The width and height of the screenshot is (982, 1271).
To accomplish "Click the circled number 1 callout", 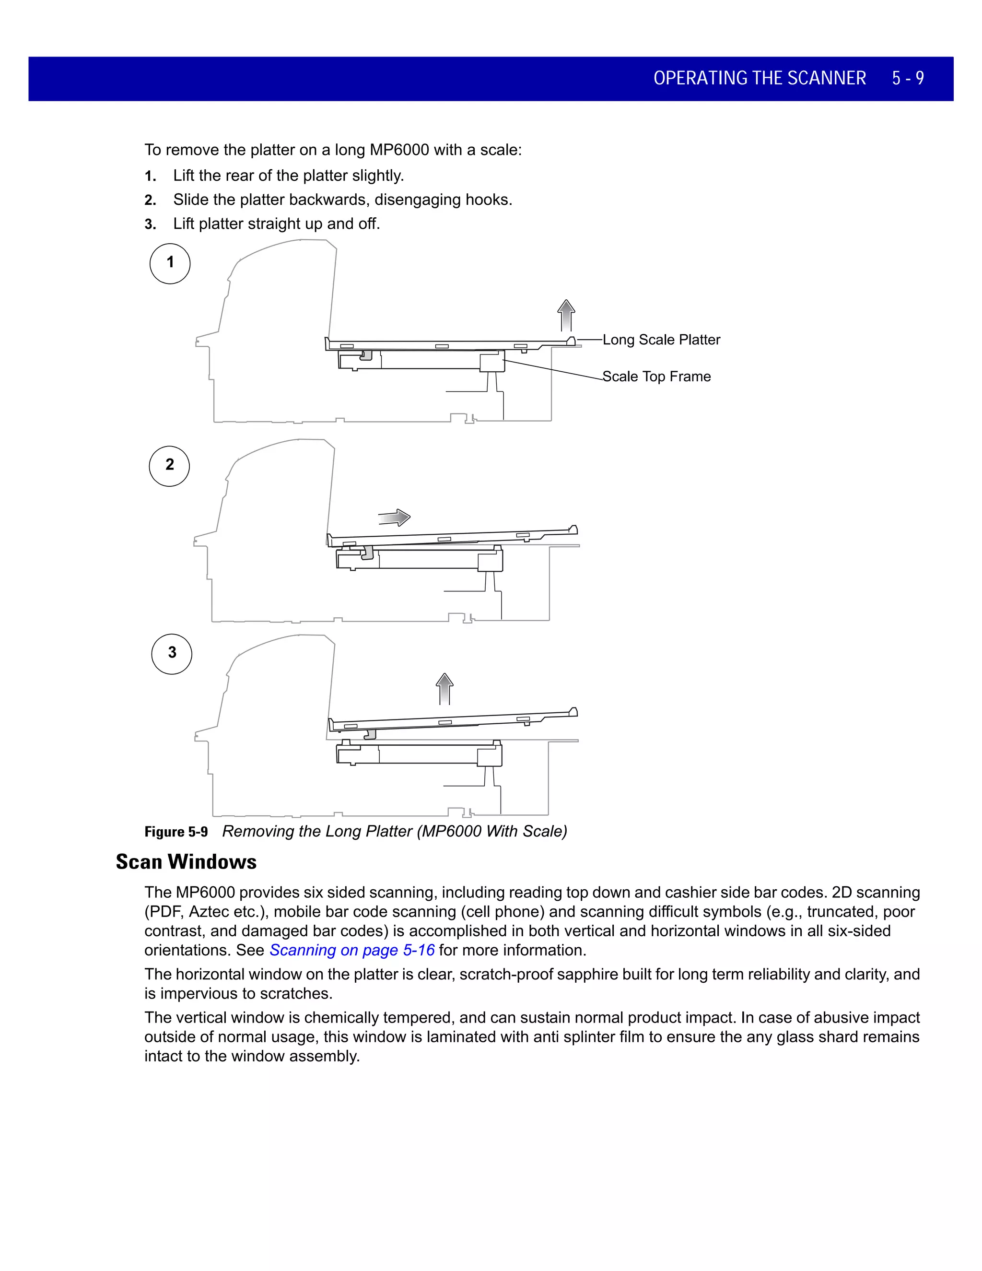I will click(x=170, y=263).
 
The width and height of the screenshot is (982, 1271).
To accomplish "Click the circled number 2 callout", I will click(x=169, y=466).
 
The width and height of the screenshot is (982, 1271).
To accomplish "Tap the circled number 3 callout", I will click(x=172, y=654).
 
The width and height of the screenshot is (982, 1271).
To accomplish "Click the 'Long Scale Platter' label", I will click(x=661, y=340).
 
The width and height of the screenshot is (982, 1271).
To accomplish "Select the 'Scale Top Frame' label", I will click(x=656, y=377).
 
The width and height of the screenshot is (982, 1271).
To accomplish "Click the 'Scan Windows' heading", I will click(x=186, y=862).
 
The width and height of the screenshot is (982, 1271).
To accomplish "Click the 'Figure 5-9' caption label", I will click(x=175, y=832).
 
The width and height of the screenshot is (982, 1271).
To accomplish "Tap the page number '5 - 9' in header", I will click(x=908, y=79).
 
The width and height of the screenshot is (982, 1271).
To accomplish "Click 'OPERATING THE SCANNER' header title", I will click(x=759, y=79).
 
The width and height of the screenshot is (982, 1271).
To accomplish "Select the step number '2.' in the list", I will click(x=151, y=201).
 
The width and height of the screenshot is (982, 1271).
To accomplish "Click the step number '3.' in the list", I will click(x=151, y=224).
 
